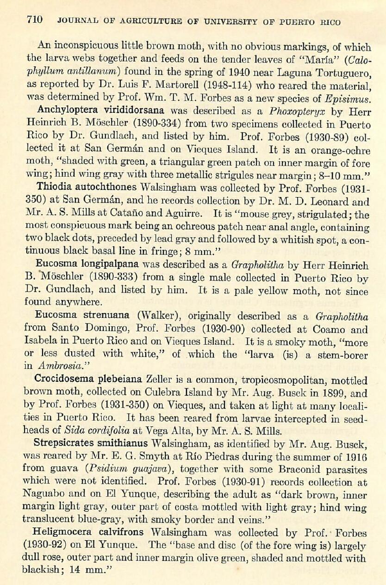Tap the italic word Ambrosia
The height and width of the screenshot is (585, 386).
pyautogui.click(x=52, y=366)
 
